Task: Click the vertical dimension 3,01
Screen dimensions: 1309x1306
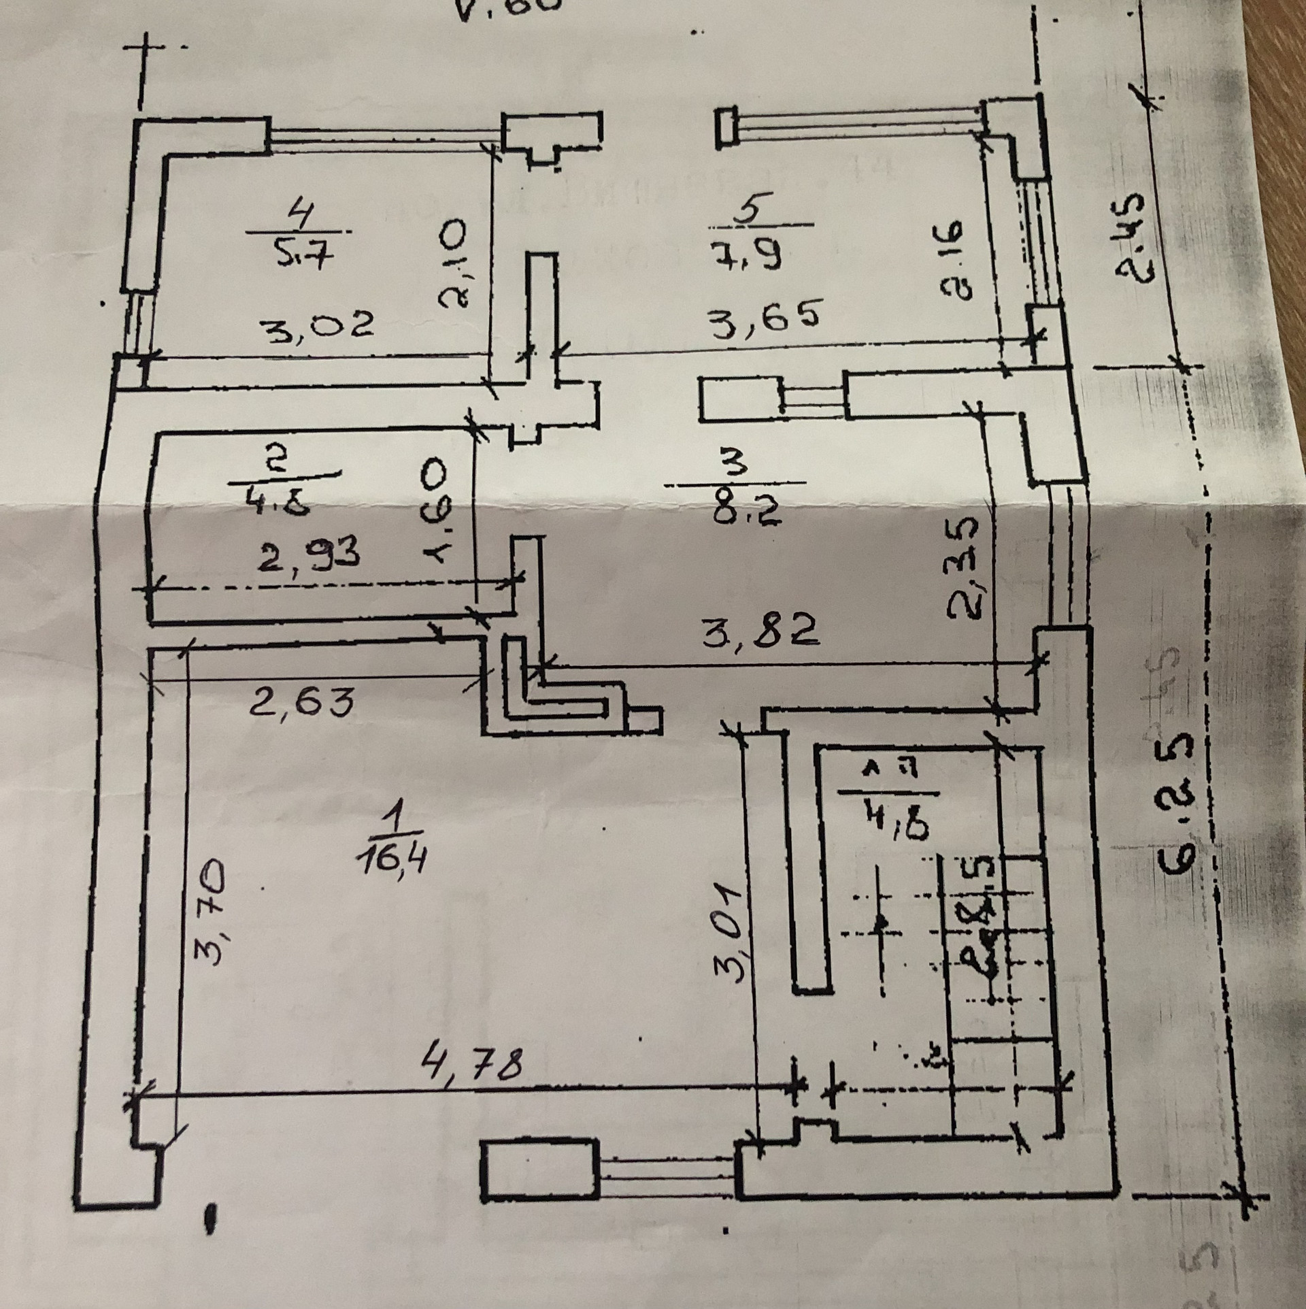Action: (731, 933)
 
